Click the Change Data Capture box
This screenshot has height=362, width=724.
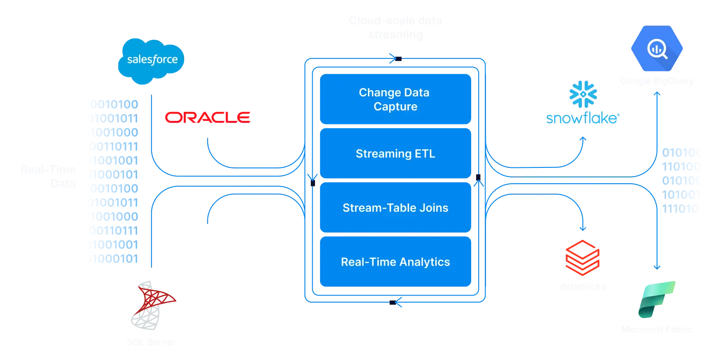(395, 99)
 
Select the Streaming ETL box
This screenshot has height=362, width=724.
(395, 154)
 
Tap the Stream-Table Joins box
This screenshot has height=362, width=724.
(395, 208)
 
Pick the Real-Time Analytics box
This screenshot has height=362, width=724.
(395, 262)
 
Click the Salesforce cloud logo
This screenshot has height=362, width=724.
(151, 60)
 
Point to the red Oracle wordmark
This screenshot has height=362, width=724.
(208, 117)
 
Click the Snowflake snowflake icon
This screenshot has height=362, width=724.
(583, 95)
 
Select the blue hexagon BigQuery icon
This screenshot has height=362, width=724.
(657, 48)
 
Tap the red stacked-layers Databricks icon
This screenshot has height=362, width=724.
(582, 258)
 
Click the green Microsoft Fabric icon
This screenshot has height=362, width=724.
(657, 299)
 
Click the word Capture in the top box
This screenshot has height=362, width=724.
(395, 107)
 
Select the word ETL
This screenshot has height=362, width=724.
(424, 154)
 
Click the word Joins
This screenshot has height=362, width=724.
(433, 208)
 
